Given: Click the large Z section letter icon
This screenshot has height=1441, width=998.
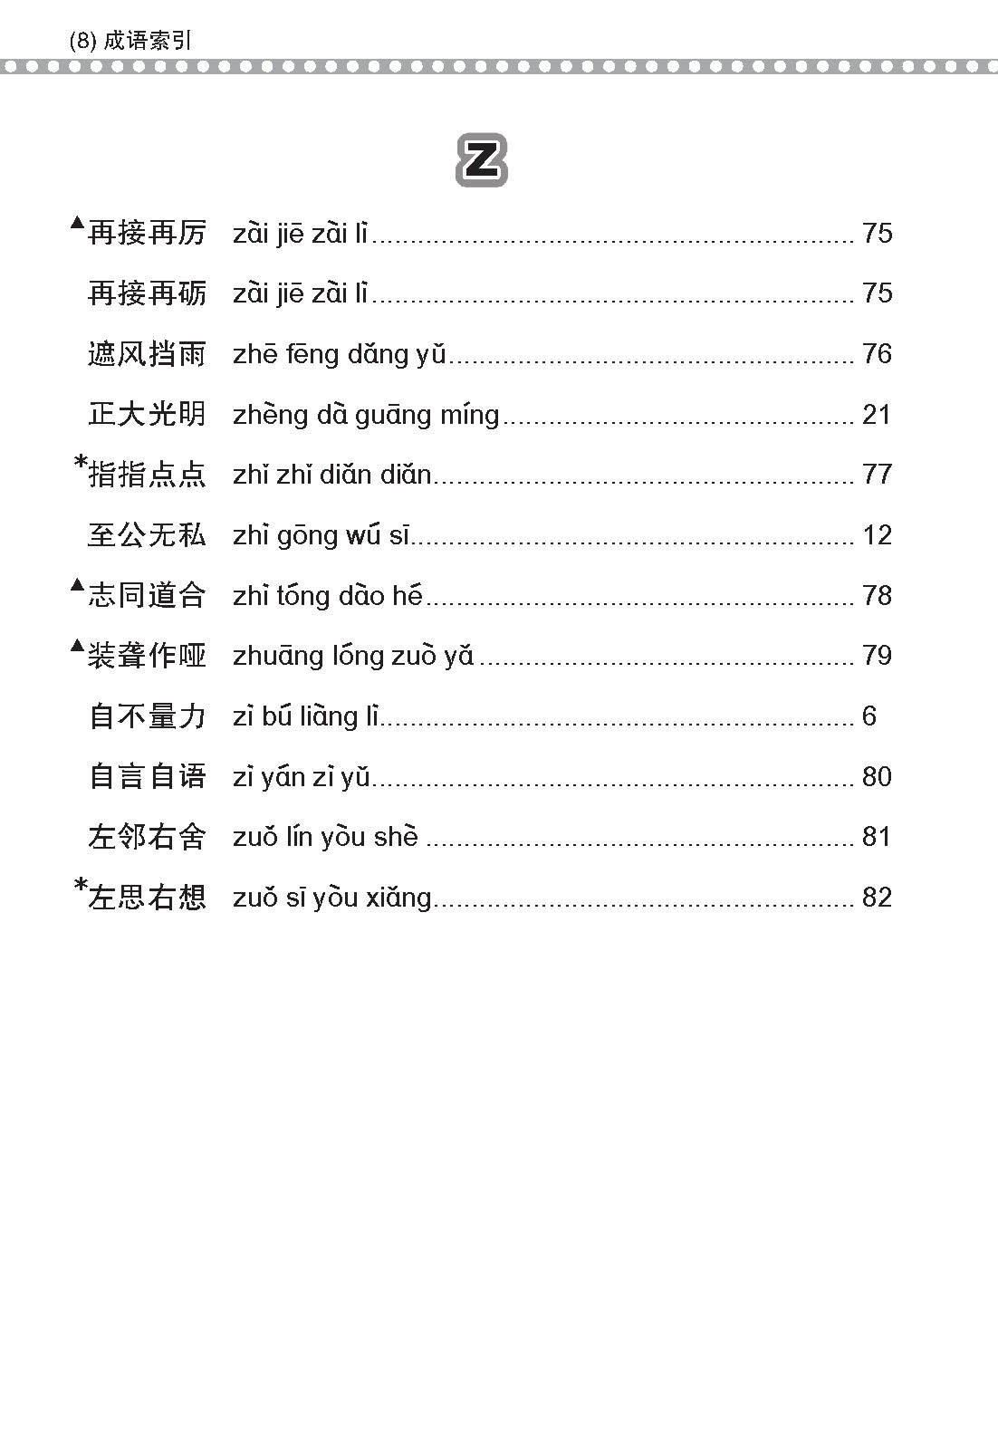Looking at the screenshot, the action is (481, 161).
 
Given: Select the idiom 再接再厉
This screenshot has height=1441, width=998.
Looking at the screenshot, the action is (148, 234).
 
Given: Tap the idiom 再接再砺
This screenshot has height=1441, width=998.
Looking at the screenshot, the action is (148, 293).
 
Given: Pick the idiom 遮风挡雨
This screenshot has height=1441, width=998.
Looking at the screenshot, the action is (148, 354).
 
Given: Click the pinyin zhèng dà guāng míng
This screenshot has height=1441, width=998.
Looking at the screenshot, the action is (366, 415).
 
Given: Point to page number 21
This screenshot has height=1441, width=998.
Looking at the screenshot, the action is (877, 415).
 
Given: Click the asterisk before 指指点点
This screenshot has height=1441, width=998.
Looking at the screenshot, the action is (80, 465).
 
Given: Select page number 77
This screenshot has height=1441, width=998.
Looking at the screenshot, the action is (877, 475).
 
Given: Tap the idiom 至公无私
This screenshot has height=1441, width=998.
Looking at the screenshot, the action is (148, 535).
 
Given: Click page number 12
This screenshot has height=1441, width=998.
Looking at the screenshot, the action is (877, 535).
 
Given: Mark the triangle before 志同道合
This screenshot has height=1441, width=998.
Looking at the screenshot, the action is (78, 585).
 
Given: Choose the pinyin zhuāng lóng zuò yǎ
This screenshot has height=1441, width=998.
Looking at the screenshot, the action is (353, 656).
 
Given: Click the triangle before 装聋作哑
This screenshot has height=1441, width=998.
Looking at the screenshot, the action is (78, 646).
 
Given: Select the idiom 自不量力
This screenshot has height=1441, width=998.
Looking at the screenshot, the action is (148, 716).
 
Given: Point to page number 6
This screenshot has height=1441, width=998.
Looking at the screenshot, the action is (869, 716).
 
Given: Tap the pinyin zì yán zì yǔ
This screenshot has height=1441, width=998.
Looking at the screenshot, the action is (302, 777).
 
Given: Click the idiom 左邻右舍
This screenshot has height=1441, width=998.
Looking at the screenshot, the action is (148, 837).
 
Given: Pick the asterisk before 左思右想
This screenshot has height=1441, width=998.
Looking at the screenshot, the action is (80, 888).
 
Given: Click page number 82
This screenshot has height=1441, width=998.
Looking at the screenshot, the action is (877, 898).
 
